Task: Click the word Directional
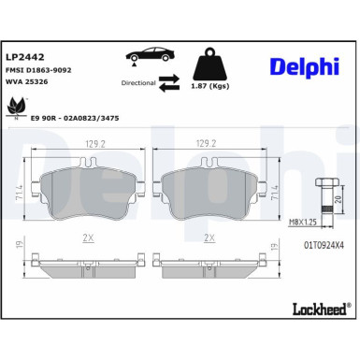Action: [138, 82]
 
